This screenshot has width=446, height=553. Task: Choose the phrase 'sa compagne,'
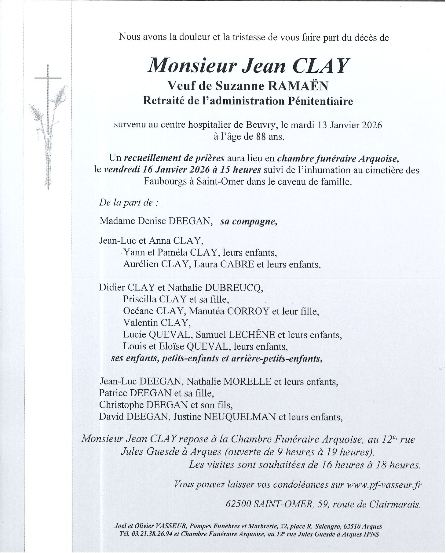coord(249,221)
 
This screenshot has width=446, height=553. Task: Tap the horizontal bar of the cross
coord(48,78)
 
